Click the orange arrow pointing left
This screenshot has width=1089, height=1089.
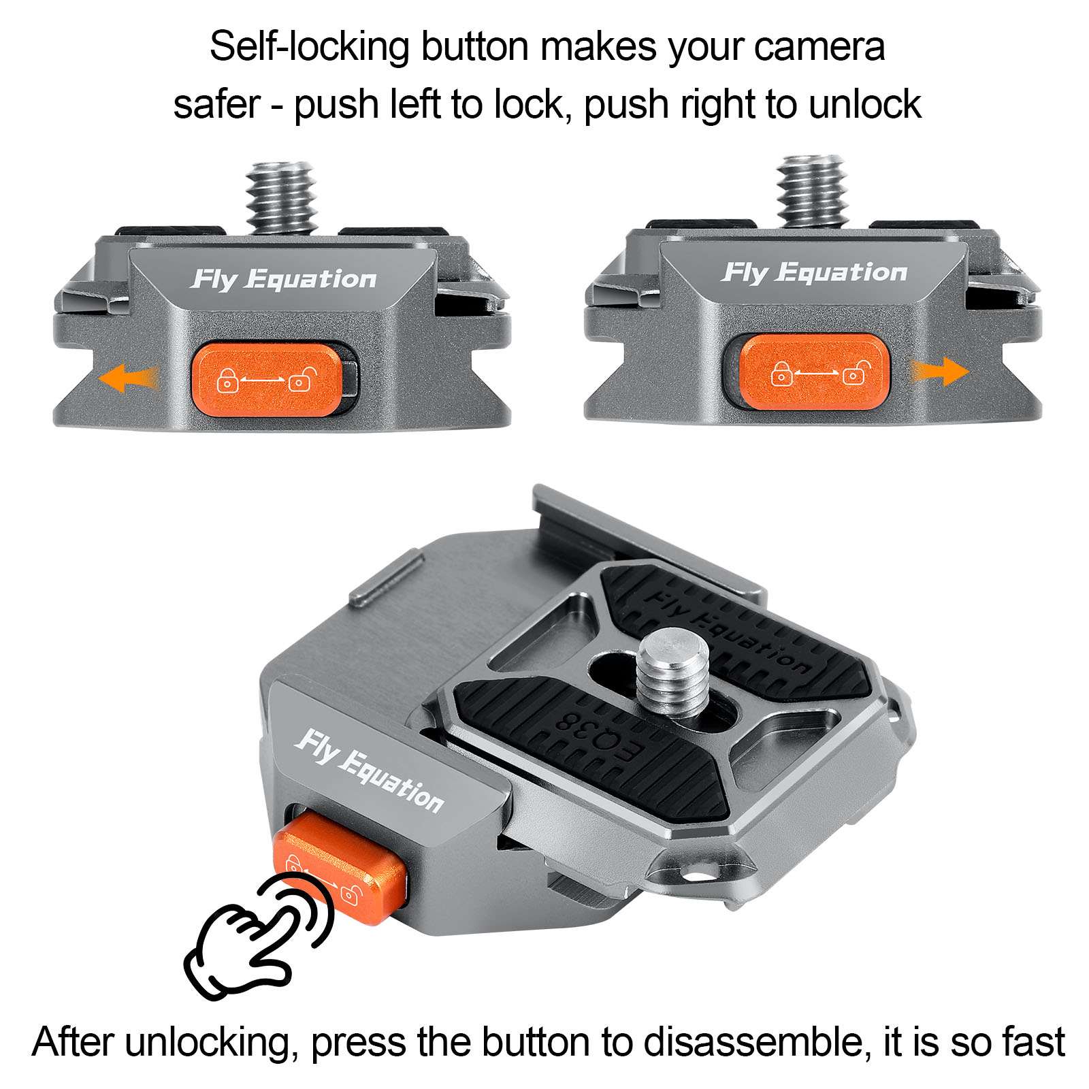[x=128, y=378]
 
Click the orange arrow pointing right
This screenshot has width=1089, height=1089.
[x=940, y=372]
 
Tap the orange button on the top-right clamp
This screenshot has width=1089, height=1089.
[x=814, y=372]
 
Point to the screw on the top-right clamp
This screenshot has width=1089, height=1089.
[x=812, y=191]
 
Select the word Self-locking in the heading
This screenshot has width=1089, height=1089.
[x=309, y=48]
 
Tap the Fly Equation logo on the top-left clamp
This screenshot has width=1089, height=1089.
[x=283, y=279]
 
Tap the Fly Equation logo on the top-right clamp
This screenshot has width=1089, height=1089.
[x=814, y=272]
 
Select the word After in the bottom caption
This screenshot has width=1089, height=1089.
[x=74, y=1042]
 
